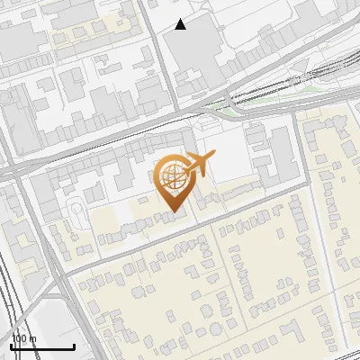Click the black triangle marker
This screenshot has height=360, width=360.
point(181,24)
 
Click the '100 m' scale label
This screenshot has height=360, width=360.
point(23,338)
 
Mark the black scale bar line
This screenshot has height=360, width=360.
point(41,346)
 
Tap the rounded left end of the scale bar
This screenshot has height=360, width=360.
point(11,346)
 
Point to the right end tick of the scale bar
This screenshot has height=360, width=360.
point(73,346)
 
